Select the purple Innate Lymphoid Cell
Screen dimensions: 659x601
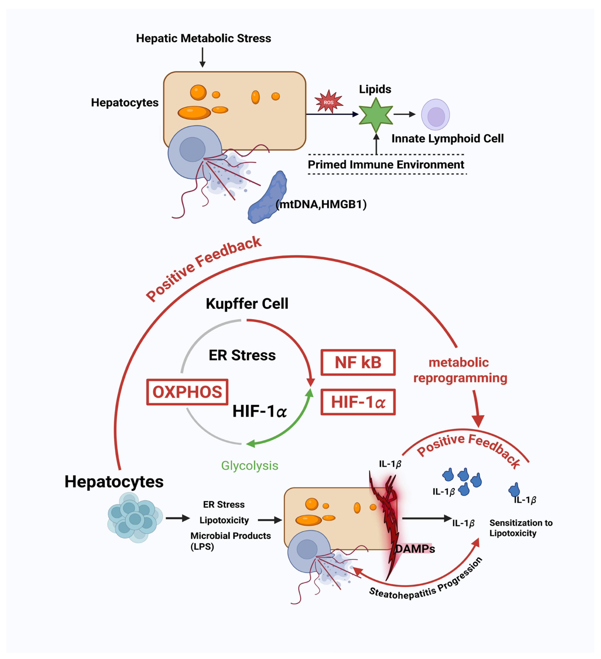coord(435,115)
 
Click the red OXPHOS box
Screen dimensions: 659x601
coord(187,392)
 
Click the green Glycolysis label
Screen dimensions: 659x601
coord(250,466)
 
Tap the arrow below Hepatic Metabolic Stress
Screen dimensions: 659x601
coord(202,57)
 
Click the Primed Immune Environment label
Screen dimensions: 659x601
coord(386,164)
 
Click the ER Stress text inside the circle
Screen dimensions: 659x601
coord(242,355)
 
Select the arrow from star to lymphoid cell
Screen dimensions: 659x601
coord(404,114)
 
